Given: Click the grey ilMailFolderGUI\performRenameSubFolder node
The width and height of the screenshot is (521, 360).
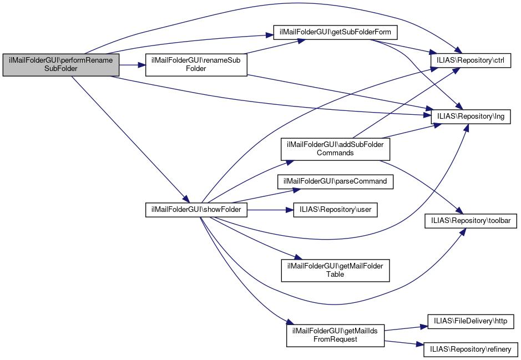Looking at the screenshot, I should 61,65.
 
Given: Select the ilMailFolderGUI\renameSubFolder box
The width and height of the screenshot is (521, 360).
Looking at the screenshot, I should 196,65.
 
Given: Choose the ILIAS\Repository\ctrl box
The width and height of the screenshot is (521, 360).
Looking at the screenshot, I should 471,57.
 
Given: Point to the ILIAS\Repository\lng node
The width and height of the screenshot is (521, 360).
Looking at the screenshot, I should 471,116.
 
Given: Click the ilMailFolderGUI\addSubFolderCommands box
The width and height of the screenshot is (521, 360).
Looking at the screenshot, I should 335,148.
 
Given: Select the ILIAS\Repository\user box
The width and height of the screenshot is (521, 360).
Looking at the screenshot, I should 335,210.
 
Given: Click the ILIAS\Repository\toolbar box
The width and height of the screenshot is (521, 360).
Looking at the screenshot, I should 471,220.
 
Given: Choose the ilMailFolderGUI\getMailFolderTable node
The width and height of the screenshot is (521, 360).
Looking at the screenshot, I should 335,270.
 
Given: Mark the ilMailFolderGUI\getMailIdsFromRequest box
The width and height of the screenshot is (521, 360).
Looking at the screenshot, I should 335,335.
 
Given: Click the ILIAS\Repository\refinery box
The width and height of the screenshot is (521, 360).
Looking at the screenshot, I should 471,349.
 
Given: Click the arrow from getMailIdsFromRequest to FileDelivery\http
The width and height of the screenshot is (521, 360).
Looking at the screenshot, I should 405,328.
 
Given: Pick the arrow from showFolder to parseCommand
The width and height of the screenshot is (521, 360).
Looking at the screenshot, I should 261,196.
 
